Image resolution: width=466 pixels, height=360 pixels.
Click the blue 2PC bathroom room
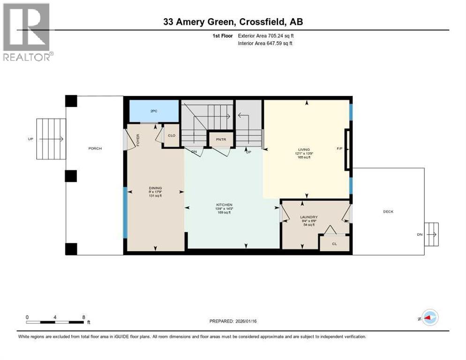pyautogui.click(x=154, y=111)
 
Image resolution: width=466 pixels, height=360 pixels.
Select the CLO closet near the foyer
pyautogui.click(x=172, y=135)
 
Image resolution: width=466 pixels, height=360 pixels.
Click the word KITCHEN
pyautogui.click(x=225, y=205)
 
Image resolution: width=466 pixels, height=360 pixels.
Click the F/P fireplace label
pyautogui.click(x=339, y=149)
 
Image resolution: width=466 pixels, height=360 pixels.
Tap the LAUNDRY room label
pyautogui.click(x=309, y=217)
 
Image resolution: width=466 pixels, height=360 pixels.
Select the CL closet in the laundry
pyautogui.click(x=334, y=244)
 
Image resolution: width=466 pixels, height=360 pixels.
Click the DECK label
pyautogui.click(x=388, y=211)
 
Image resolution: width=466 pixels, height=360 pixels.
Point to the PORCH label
pyautogui.click(x=95, y=149)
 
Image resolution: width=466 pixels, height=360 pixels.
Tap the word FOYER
pyautogui.click(x=138, y=140)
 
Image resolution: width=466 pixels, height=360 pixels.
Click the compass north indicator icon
pyautogui.click(x=429, y=317)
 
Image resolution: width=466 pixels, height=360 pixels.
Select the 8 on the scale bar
pyautogui.click(x=83, y=317)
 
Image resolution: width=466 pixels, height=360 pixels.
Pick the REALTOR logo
pyautogui.click(x=27, y=32)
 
